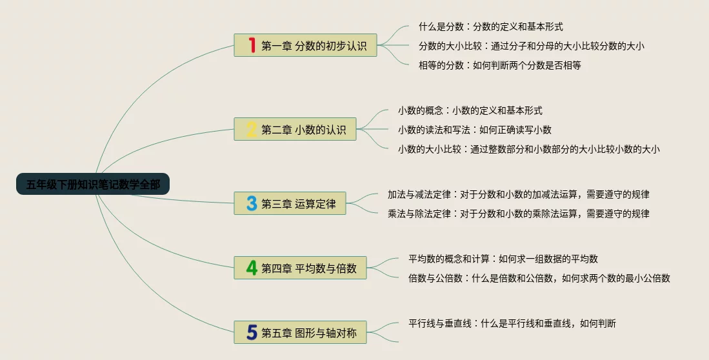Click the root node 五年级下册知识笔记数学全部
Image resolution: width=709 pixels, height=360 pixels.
pos(93,184)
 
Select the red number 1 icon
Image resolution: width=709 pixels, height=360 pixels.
pos(252,45)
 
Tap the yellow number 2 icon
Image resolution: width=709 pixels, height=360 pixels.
pos(252,129)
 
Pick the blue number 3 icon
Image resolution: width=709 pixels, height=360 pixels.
pos(252,203)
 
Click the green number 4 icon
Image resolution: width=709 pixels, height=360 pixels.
pos(252,268)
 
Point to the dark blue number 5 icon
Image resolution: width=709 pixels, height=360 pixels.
pos(252,332)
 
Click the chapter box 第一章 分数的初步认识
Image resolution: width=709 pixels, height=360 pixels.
pos(305,45)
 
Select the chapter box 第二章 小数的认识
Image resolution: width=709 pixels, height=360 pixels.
pos(295,129)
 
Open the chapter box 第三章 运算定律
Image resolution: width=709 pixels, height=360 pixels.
pos(290,203)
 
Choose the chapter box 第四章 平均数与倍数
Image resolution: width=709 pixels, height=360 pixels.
pos(300,268)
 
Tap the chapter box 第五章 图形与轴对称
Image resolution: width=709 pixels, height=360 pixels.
pos(300,332)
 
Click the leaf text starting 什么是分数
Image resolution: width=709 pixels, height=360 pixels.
pos(490,26)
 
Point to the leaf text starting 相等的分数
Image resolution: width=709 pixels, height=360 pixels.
pos(499,65)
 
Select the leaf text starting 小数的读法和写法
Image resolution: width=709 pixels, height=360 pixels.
pos(475,130)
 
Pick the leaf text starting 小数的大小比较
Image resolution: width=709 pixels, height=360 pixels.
pos(528,149)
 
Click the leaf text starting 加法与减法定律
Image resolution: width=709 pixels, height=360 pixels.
pos(518,194)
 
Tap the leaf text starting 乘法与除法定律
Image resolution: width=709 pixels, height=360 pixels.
pos(518,214)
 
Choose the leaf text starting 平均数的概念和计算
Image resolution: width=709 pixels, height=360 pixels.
pos(503,259)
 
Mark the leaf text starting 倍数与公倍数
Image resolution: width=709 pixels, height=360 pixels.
pos(539,278)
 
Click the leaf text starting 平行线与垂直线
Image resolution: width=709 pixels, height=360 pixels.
pos(512,323)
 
